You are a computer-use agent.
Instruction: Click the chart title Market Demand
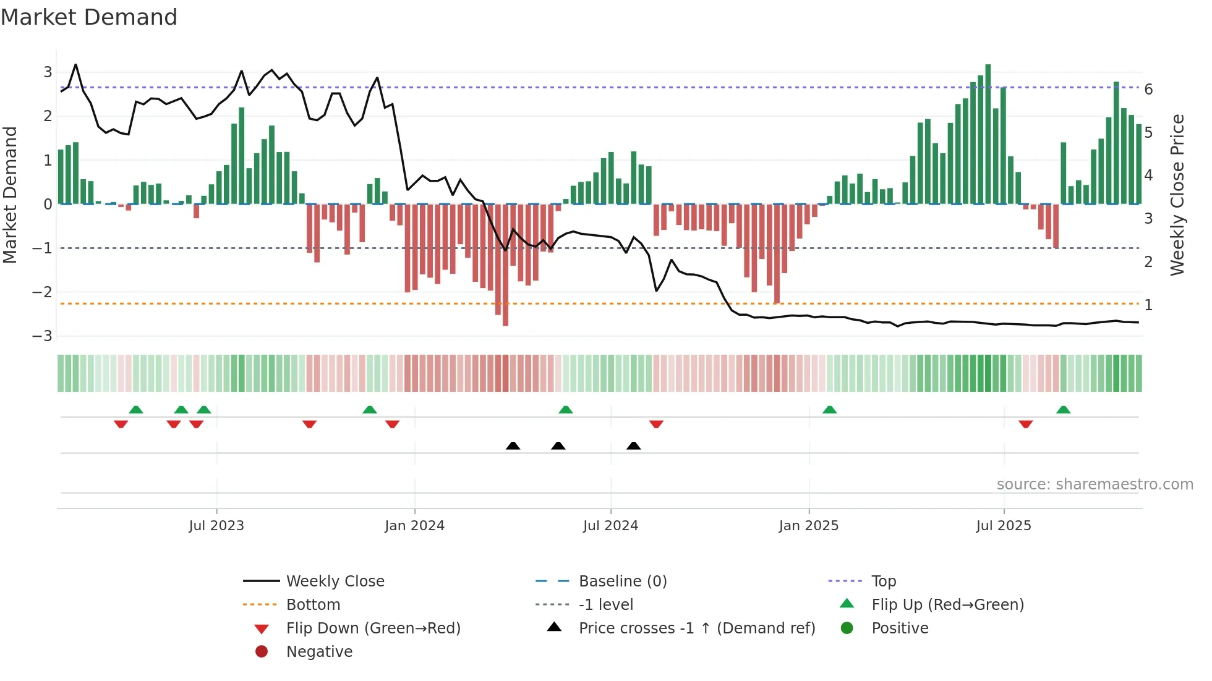[89, 17]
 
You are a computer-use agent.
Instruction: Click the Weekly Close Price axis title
[1177, 195]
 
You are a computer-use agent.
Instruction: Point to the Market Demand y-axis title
[10, 195]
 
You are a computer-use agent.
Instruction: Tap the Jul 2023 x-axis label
[216, 526]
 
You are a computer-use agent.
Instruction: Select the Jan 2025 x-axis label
[808, 526]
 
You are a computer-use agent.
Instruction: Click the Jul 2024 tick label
[610, 526]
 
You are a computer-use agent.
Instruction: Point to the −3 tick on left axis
[43, 336]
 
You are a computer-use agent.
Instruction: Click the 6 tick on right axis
[1148, 90]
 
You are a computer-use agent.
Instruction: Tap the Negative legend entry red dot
[262, 652]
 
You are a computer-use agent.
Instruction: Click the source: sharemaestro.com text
[1095, 484]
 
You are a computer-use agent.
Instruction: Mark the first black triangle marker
[513, 446]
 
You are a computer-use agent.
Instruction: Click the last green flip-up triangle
[1063, 410]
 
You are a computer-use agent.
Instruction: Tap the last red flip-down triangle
[1025, 424]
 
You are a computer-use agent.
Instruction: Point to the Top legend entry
[884, 582]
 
